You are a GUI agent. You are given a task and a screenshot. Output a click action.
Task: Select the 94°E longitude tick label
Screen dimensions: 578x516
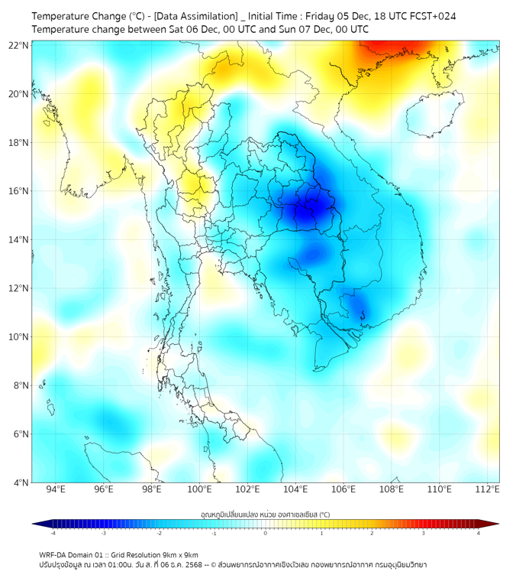[x=56, y=489]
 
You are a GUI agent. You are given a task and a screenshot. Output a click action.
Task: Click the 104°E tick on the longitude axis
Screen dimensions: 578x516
[x=296, y=489]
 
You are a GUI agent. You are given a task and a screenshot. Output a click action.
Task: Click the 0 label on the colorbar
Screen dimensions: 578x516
[x=266, y=533]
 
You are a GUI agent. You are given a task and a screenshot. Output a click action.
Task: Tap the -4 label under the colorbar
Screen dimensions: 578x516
[x=53, y=533]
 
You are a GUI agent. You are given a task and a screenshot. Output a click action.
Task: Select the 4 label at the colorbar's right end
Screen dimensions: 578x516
[x=478, y=533]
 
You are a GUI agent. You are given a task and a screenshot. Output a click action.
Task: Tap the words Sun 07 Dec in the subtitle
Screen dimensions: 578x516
[x=281, y=29]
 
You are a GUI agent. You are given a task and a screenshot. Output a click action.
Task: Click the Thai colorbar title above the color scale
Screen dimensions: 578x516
[x=265, y=515]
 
